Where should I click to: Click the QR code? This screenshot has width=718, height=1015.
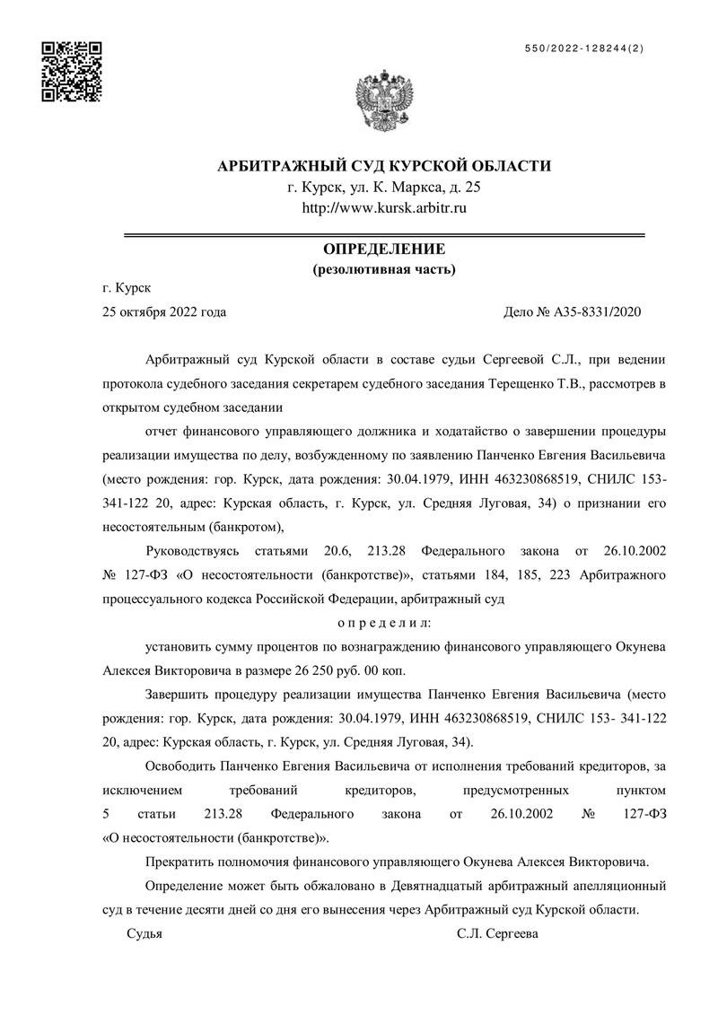(x=73, y=72)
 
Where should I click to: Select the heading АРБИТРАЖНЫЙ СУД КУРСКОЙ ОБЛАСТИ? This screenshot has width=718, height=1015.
(x=385, y=166)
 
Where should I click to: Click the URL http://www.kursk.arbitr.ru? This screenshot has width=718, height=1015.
(x=385, y=208)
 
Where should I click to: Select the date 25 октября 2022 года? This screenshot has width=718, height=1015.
(x=164, y=312)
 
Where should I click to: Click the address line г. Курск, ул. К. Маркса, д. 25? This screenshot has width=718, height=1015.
(x=385, y=188)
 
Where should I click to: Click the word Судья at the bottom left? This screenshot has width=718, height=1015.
(x=144, y=933)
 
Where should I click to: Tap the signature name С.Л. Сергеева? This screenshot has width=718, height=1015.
(x=497, y=933)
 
